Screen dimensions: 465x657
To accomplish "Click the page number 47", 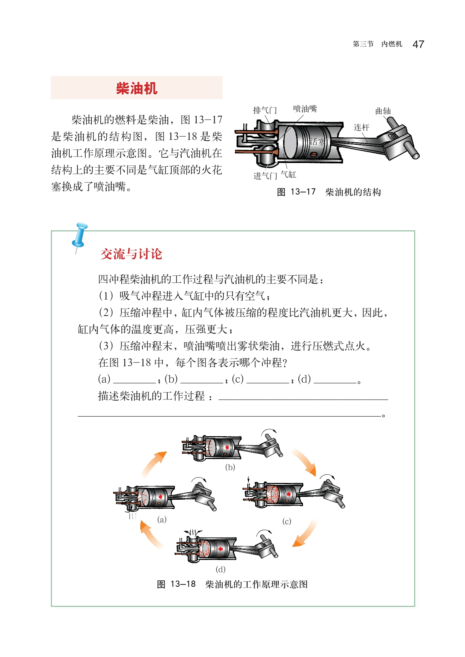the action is [x=418, y=44].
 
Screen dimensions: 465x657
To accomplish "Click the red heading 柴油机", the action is [x=137, y=88].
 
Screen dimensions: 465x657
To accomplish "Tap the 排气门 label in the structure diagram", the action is [x=265, y=110].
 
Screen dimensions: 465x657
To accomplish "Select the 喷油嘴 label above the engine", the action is [x=305, y=109].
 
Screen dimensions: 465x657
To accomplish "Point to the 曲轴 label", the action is [x=383, y=111].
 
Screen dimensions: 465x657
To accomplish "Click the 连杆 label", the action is [x=362, y=127].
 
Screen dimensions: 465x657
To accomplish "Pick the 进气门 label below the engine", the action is [x=265, y=176].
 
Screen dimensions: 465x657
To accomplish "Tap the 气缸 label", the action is [x=288, y=174].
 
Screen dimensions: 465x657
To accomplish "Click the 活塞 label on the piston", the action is [x=317, y=142].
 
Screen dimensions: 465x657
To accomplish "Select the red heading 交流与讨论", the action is [x=131, y=254].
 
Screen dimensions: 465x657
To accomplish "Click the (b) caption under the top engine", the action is [x=230, y=467].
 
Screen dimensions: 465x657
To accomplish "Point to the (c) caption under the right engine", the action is [x=287, y=521].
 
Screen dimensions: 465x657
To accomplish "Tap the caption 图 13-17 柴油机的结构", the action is [x=329, y=192].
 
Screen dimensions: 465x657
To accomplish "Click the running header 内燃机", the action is [x=392, y=44].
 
